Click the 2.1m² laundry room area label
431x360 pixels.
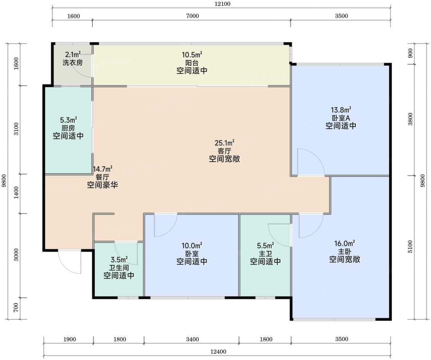click(x=73, y=54)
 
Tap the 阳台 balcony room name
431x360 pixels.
click(x=192, y=63)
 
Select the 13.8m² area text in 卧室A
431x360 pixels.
click(x=341, y=110)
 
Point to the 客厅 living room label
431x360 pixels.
click(x=224, y=151)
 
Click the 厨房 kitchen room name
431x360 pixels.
click(x=68, y=128)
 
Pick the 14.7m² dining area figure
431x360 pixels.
click(x=103, y=169)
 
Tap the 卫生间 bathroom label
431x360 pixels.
click(x=119, y=268)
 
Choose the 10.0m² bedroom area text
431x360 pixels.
click(x=192, y=245)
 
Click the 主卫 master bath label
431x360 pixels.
click(x=265, y=253)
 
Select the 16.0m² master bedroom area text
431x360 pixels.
click(x=344, y=244)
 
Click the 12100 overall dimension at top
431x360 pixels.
click(x=223, y=4)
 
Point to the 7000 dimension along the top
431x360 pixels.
click(x=192, y=16)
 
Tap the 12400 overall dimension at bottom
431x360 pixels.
click(x=218, y=352)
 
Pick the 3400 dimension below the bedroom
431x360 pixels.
click(x=192, y=339)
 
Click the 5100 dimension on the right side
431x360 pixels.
click(x=410, y=247)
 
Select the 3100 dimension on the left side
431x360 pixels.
click(x=16, y=129)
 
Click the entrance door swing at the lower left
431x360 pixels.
click(x=70, y=262)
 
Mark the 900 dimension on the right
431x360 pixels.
click(x=410, y=53)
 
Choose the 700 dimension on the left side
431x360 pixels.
click(x=16, y=307)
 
